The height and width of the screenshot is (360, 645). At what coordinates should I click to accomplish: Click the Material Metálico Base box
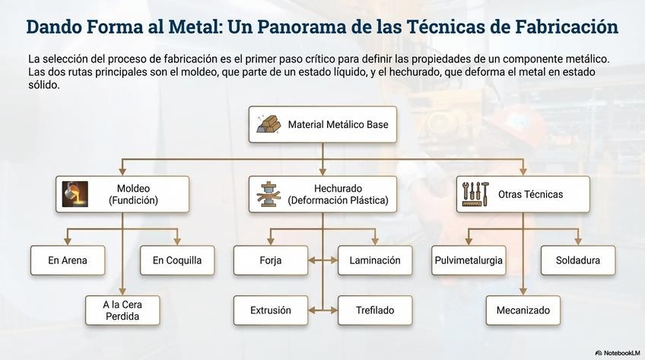(x=322, y=124)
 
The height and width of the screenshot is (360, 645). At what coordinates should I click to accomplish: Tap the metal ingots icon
(x=268, y=124)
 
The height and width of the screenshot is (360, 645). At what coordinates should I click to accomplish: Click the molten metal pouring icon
(x=75, y=194)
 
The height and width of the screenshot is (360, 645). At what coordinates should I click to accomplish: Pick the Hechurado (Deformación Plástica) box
(x=322, y=194)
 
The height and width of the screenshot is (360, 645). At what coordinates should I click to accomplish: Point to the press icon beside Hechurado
(x=268, y=194)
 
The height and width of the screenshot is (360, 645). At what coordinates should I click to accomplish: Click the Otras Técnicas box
(x=523, y=194)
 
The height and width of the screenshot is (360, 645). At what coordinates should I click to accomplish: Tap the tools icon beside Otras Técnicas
(x=476, y=194)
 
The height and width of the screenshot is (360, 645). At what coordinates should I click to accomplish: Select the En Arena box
(x=67, y=260)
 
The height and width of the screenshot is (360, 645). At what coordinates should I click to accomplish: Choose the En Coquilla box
(x=177, y=260)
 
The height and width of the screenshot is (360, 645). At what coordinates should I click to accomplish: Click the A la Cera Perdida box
(x=122, y=311)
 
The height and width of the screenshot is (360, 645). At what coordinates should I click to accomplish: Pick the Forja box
(x=270, y=260)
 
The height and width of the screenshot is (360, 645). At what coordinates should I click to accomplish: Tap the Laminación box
(x=375, y=260)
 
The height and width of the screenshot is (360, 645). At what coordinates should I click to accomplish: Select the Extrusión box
(x=270, y=311)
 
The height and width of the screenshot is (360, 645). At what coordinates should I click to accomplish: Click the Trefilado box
(x=375, y=311)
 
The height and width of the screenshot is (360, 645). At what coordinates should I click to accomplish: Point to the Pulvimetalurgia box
(x=469, y=260)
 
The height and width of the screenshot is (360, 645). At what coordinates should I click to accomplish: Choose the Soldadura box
(x=578, y=260)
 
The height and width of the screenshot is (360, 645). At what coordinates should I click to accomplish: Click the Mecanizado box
(x=523, y=311)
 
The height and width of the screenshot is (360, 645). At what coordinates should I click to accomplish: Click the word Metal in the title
(x=154, y=27)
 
